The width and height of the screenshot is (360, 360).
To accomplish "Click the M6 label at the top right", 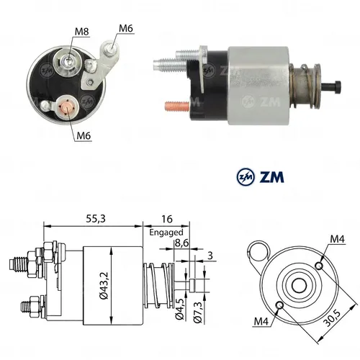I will click(x=127, y=28).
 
